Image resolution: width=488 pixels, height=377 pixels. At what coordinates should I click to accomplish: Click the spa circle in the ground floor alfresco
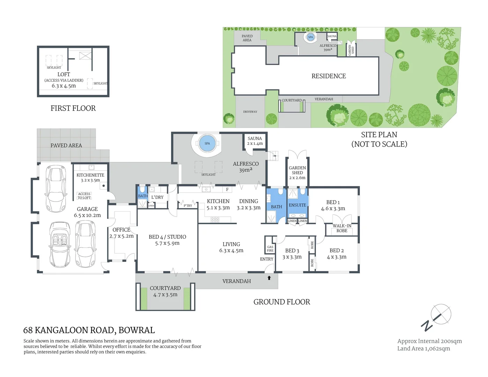207,143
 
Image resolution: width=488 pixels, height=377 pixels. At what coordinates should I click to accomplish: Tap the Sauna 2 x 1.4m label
255,141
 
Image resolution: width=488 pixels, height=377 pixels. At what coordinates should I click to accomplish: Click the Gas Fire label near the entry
270,249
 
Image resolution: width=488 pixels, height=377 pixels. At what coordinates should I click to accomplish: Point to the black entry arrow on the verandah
269,278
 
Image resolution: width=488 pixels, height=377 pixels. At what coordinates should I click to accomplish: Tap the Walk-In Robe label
342,228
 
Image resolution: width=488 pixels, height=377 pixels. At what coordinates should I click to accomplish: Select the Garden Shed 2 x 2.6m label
297,173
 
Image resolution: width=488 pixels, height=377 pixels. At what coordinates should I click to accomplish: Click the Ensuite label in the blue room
297,205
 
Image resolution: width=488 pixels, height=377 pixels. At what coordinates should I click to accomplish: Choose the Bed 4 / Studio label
167,240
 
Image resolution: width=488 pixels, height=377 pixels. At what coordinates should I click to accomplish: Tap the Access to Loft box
84,196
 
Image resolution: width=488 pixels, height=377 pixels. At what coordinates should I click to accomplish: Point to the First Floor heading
73,108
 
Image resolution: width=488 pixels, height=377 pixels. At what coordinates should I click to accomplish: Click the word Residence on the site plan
328,76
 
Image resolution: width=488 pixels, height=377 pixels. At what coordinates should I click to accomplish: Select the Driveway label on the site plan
250,112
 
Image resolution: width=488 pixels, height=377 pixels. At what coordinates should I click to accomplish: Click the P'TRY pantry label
188,206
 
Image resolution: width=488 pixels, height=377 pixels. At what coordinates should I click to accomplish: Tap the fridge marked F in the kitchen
227,190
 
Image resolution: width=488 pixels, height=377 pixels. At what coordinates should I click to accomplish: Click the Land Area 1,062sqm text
423,348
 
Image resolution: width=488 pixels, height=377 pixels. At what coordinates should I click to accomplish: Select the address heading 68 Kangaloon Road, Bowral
89,330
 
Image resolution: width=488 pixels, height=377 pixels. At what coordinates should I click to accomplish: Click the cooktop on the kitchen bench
215,220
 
